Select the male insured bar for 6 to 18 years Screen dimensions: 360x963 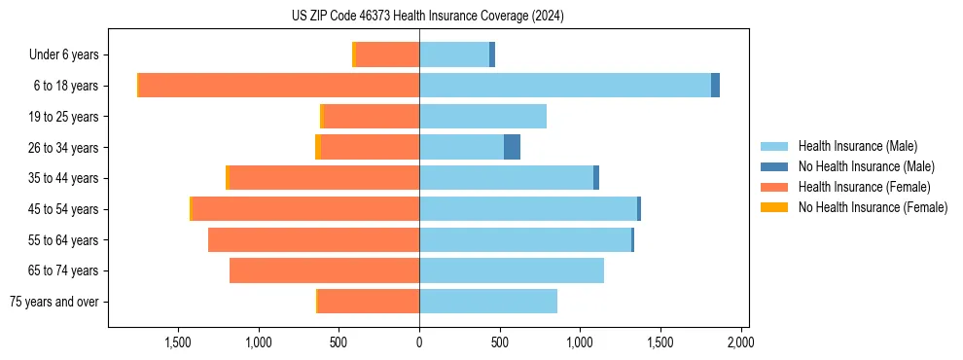tap(564, 86)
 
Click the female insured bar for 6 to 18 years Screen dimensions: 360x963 tap(278, 86)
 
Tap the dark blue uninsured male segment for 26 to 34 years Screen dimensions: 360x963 tap(512, 147)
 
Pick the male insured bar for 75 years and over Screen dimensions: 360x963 tap(487, 302)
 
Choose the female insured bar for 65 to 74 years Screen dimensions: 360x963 tap(324, 270)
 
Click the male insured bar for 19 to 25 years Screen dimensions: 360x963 tap(482, 117)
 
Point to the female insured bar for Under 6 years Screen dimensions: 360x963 tap(387, 54)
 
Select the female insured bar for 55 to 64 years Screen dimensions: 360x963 tap(313, 240)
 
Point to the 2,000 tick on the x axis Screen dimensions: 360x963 tap(740, 342)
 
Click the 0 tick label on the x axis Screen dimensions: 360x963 tap(419, 342)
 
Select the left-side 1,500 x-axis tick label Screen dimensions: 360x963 tap(178, 342)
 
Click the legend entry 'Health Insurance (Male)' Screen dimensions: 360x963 tap(857, 146)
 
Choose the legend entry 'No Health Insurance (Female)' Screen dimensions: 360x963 tap(873, 207)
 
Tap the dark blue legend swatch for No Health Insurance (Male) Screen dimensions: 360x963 tap(774, 166)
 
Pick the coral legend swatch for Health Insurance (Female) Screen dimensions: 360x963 tap(774, 187)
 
